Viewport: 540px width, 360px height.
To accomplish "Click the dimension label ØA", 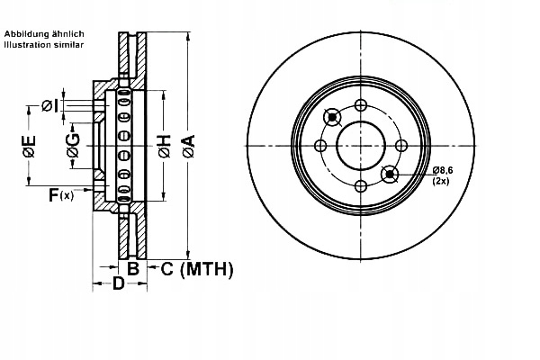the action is pos(187,145).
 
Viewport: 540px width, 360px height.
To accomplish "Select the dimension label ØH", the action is pos(164,145).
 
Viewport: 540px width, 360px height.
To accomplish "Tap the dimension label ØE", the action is pos(30,145).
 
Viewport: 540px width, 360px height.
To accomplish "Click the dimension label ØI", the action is pos(50,106).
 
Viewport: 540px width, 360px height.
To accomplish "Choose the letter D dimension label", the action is pos(117,285).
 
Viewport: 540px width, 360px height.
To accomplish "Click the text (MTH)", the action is pos(206,268).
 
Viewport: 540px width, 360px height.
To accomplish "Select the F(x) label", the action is pos(60,193).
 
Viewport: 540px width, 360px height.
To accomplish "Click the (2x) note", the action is pos(441,182).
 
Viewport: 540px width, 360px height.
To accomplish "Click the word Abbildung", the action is pos(28,33).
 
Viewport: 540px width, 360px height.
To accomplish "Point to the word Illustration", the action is pos(26,43).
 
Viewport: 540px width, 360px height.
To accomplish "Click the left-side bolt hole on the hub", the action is pos(320,145).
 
